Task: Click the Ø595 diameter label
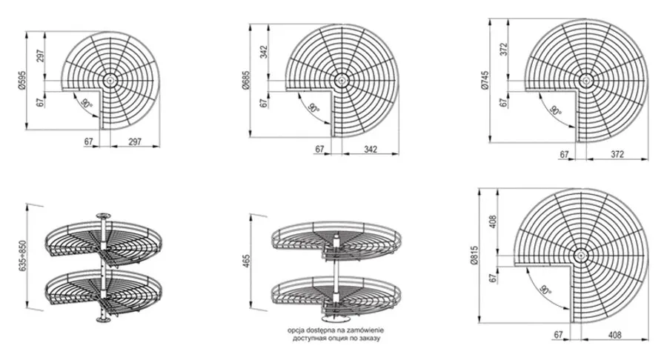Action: pyautogui.click(x=22, y=80)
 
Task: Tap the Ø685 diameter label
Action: pyautogui.click(x=245, y=80)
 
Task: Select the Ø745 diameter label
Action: pyautogui.click(x=485, y=80)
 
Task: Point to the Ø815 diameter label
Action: pyautogui.click(x=475, y=255)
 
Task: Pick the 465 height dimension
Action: pyautogui.click(x=245, y=261)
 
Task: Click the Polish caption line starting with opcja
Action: pyautogui.click(x=336, y=330)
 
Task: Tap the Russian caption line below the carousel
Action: pyautogui.click(x=336, y=339)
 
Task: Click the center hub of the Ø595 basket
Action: pyautogui.click(x=110, y=79)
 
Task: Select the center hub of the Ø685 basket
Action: pyautogui.click(x=341, y=80)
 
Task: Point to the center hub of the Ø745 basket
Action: pyautogui.click(x=585, y=80)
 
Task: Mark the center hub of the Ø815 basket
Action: pyautogui.click(x=580, y=256)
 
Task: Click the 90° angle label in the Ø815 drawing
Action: pyautogui.click(x=545, y=290)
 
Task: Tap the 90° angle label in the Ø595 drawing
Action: pyautogui.click(x=87, y=103)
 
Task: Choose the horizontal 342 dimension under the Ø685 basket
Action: pyautogui.click(x=371, y=150)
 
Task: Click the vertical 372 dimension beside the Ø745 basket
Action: pyautogui.click(x=504, y=50)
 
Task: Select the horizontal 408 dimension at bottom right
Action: pyautogui.click(x=614, y=335)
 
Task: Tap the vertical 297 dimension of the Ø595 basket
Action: pyautogui.click(x=41, y=56)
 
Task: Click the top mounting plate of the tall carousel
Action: pyautogui.click(x=102, y=216)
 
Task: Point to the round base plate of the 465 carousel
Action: pyautogui.click(x=334, y=319)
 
